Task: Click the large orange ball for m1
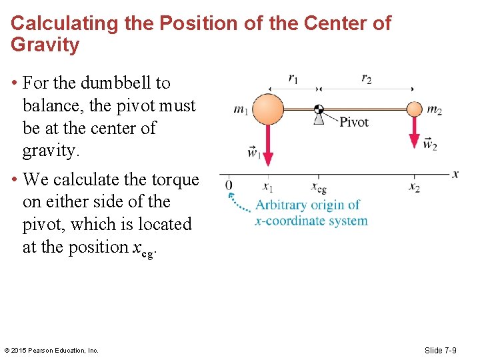tap(269, 109)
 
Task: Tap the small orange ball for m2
tap(415, 109)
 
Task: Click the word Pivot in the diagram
tap(353, 122)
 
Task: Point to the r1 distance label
tap(293, 78)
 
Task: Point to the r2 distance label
tap(366, 78)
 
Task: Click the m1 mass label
tap(241, 109)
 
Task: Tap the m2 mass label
tap(434, 109)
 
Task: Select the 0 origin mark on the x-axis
tap(229, 185)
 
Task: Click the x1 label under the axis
tap(267, 187)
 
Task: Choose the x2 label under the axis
tap(415, 187)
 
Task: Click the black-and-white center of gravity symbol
tap(319, 109)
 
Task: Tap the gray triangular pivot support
tap(319, 119)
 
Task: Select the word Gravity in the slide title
tap(45, 45)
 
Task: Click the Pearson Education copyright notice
tap(51, 351)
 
